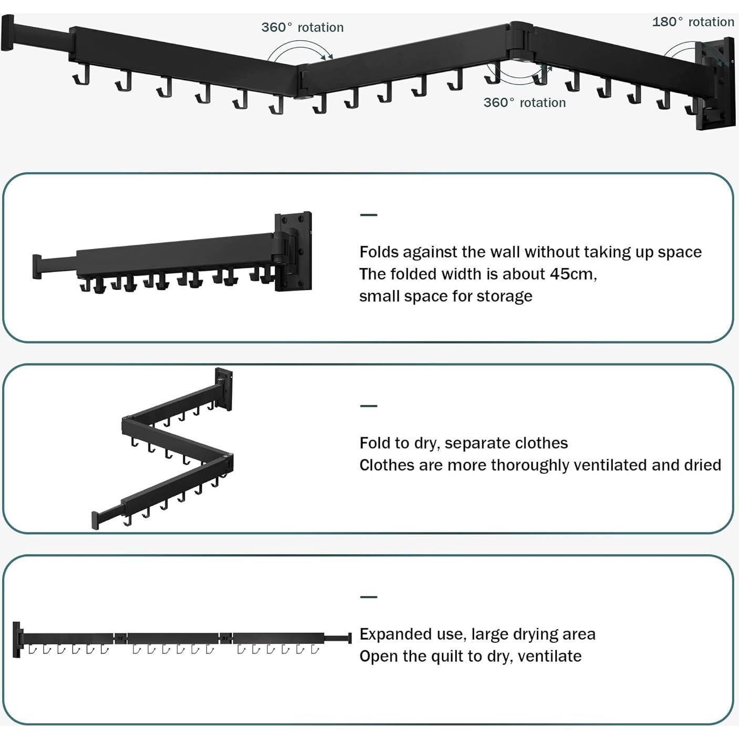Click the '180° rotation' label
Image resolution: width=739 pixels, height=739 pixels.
[693, 22]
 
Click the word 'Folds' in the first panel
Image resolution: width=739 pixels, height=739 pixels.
[379, 252]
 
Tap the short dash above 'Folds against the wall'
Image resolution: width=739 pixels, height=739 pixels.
[369, 215]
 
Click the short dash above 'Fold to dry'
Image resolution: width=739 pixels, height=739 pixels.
[369, 405]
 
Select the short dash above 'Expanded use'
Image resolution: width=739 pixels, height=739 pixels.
[369, 597]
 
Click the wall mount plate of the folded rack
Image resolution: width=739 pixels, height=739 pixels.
[294, 251]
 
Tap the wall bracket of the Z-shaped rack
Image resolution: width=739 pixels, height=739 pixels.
[224, 389]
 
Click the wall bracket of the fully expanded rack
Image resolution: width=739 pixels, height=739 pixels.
[17, 640]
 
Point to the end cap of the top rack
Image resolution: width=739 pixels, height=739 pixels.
[7, 33]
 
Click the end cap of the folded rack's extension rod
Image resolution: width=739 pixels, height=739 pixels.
[37, 266]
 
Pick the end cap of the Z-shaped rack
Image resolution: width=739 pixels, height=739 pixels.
[95, 521]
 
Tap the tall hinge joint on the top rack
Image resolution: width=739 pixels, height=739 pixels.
[521, 41]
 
